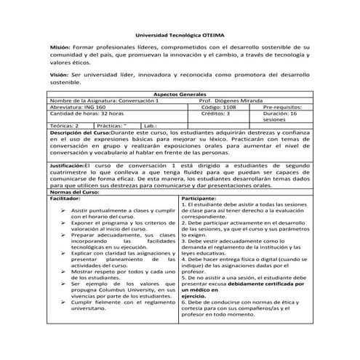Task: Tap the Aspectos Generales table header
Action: [180, 95]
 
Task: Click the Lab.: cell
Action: [152, 127]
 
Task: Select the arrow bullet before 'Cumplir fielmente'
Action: [63, 301]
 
